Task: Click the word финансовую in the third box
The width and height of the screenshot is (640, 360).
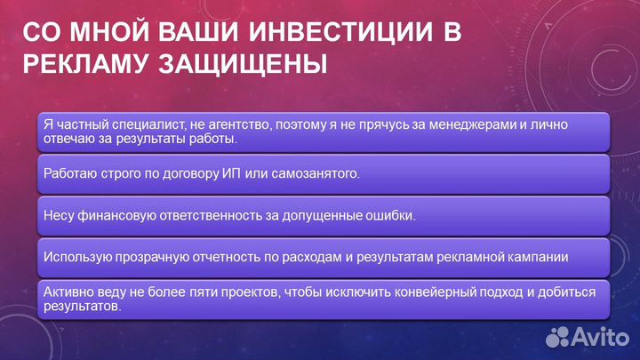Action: pyautogui.click(x=119, y=216)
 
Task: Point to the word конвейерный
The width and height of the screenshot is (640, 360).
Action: pyautogui.click(x=397, y=291)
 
